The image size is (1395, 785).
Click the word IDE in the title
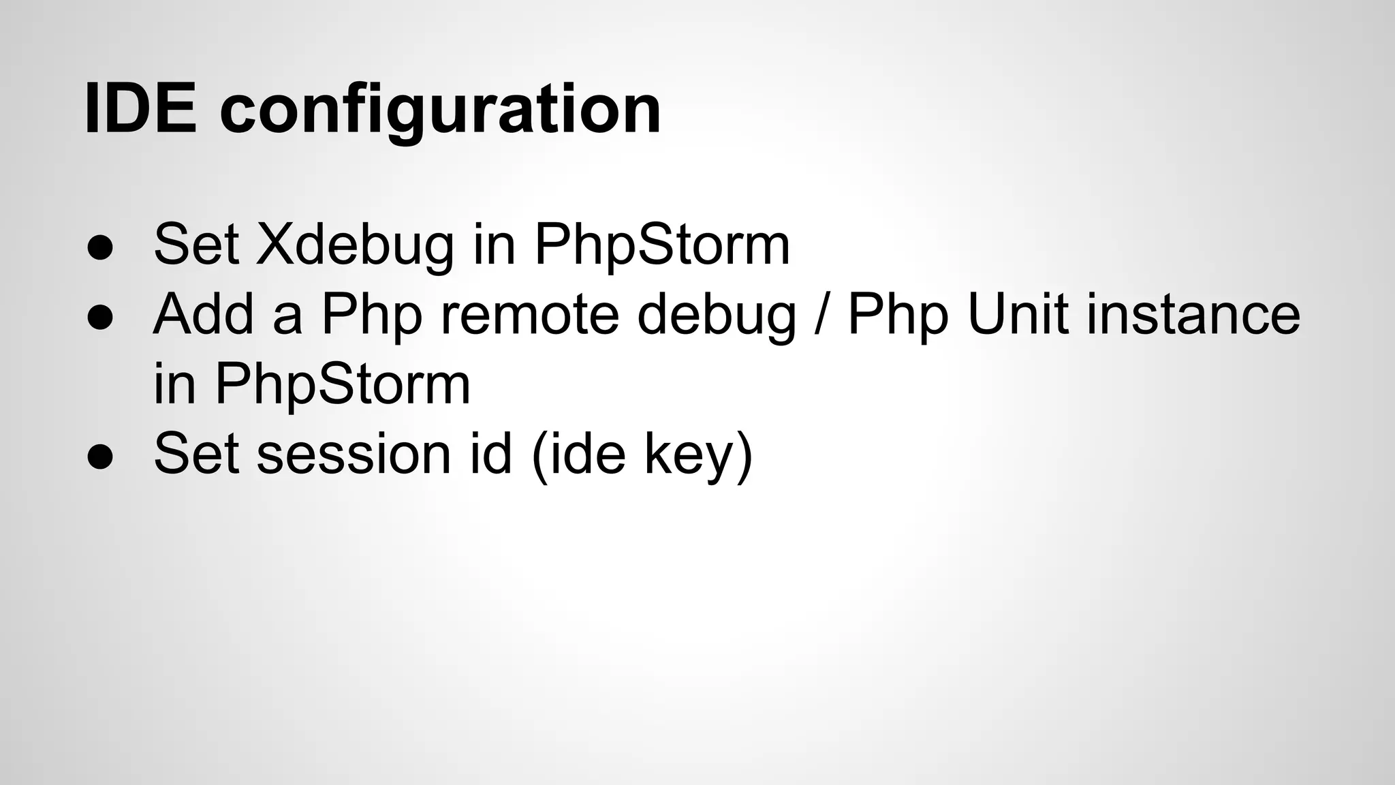(x=140, y=109)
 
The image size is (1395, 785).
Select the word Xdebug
(x=354, y=245)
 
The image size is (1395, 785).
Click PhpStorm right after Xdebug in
(x=661, y=245)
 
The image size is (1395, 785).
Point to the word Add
(x=203, y=314)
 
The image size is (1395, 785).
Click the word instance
(x=1193, y=314)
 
